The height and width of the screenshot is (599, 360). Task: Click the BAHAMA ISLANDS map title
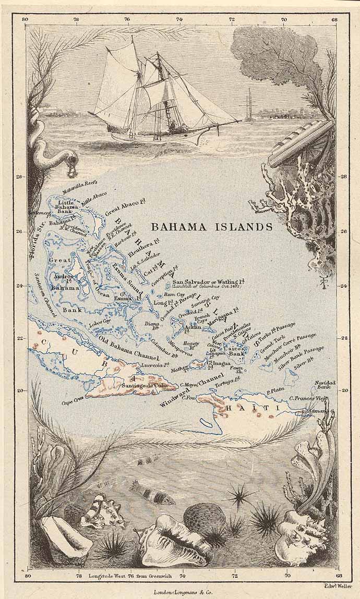211,227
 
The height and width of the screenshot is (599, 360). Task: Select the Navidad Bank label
324,385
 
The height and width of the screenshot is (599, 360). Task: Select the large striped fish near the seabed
152,493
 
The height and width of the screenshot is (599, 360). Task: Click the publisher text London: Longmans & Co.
180,592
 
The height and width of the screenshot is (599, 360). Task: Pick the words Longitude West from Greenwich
133,576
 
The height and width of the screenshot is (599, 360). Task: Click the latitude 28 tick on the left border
19,177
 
